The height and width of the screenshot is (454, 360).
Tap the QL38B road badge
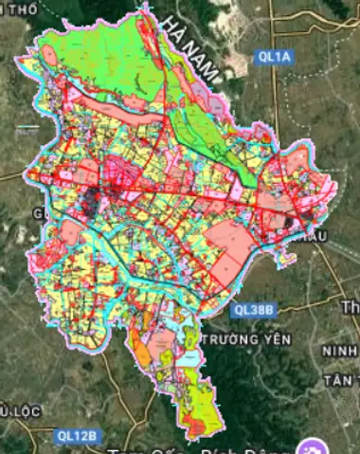tap(252, 309)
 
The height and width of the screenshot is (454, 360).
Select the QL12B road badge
tap(76, 435)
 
